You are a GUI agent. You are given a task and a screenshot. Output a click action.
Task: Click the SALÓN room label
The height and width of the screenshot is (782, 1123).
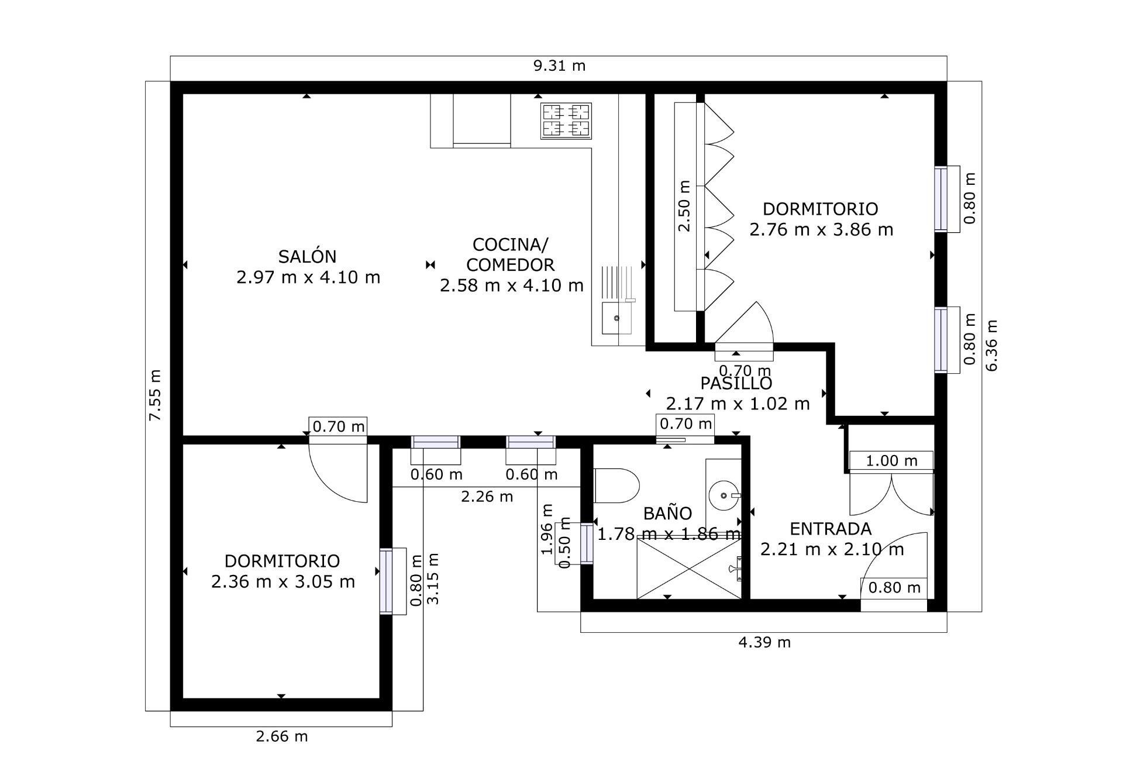(x=307, y=257)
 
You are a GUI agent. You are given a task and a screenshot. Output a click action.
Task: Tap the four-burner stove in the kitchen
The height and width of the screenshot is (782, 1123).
(x=566, y=121)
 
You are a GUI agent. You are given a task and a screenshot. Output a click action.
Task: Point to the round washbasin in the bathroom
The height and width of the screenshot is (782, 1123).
(x=724, y=496)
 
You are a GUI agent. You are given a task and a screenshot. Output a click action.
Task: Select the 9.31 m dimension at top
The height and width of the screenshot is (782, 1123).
(x=559, y=66)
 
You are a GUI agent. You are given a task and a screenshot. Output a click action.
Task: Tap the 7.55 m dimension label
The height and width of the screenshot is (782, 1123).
(x=155, y=395)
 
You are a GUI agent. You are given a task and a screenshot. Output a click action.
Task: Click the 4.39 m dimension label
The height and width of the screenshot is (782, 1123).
(x=764, y=643)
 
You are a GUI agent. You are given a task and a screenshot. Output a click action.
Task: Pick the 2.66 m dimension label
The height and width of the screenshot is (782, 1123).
(x=281, y=736)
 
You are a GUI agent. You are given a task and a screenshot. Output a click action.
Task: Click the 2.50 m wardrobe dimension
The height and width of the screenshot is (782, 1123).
(x=684, y=206)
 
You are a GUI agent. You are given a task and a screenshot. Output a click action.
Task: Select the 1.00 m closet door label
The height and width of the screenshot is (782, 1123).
(x=891, y=461)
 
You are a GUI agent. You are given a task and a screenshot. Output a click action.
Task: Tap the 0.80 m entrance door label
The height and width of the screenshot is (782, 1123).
(x=894, y=587)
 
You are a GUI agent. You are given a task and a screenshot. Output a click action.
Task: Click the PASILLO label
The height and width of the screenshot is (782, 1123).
(x=736, y=384)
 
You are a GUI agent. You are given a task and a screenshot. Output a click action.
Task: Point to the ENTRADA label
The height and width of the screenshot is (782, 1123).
(x=831, y=529)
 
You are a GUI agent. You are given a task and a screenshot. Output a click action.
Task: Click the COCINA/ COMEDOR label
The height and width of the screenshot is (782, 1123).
(x=511, y=254)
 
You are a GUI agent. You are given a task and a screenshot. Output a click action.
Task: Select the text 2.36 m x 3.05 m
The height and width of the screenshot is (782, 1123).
(x=283, y=582)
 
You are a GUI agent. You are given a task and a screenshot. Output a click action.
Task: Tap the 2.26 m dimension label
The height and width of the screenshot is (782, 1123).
(x=487, y=497)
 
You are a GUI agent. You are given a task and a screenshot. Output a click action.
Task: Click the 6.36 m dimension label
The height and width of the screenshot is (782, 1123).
(x=992, y=345)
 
